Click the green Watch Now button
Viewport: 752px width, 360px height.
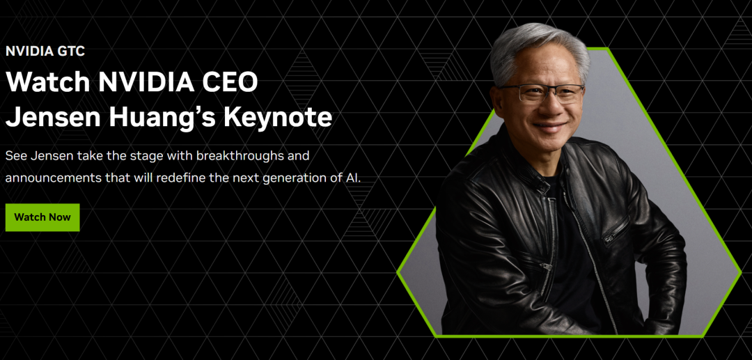pyautogui.click(x=42, y=217)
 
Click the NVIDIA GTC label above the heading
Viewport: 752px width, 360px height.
pyautogui.click(x=45, y=51)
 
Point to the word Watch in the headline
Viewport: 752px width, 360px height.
pyautogui.click(x=48, y=82)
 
